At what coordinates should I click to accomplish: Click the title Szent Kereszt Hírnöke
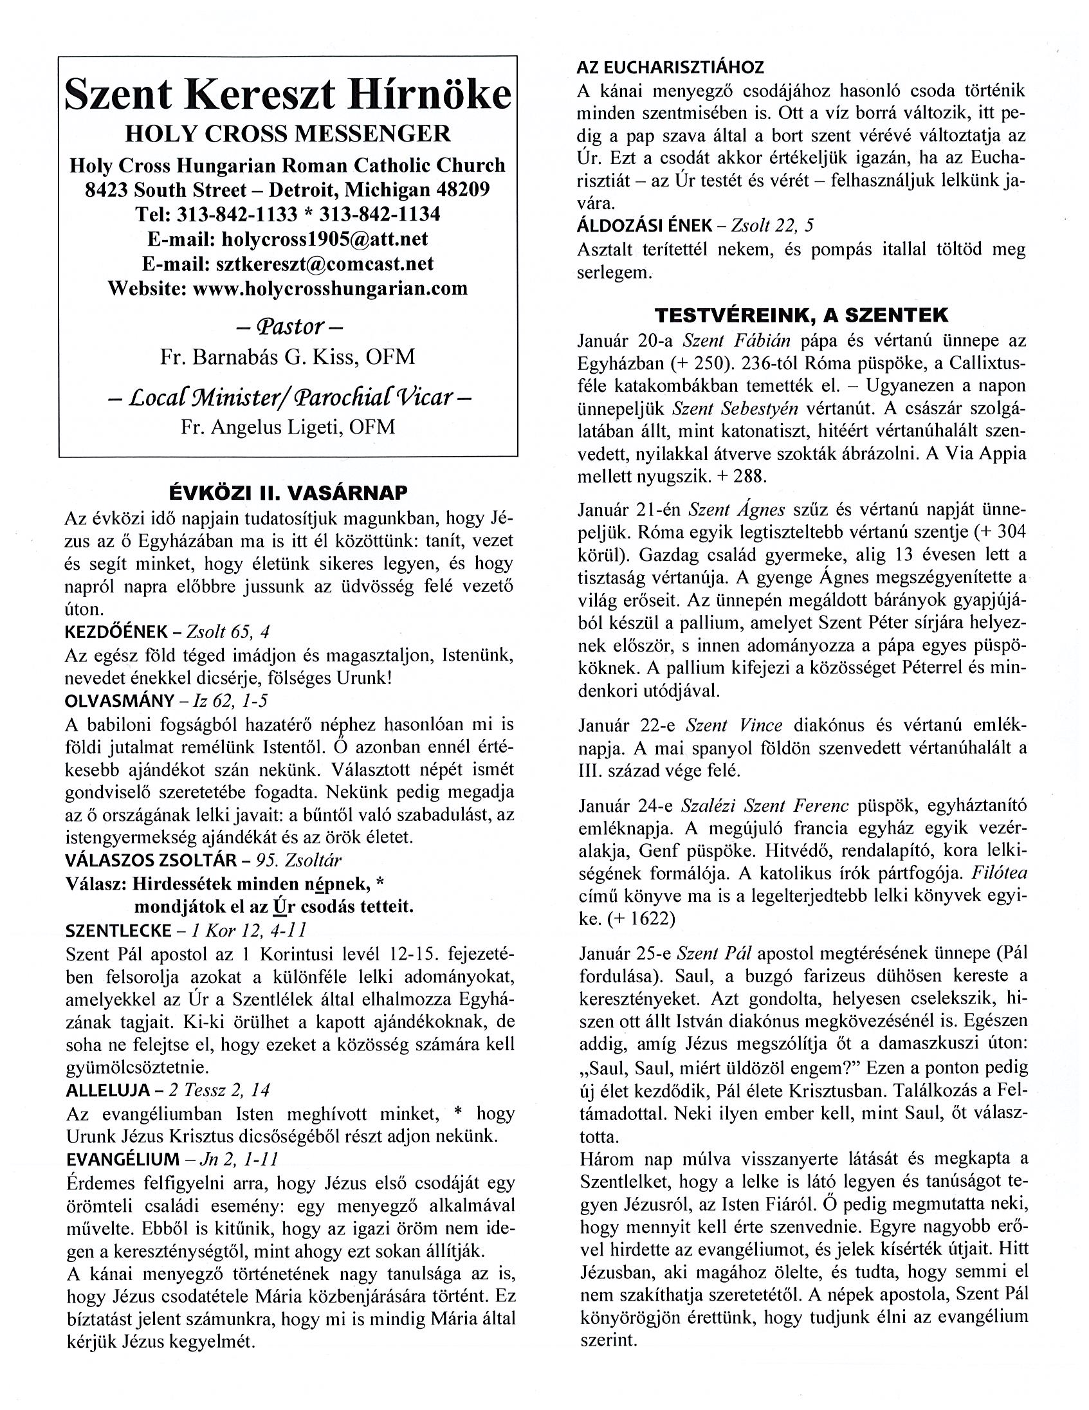[288, 96]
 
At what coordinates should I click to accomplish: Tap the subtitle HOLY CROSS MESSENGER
[288, 134]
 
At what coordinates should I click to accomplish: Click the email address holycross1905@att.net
[325, 239]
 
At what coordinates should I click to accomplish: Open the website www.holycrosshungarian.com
[330, 288]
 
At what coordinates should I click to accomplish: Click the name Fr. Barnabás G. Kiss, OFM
[288, 357]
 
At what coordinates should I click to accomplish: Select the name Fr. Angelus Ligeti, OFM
[288, 426]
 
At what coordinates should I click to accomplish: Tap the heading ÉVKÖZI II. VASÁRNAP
[288, 493]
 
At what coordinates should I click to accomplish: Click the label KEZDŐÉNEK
[108, 633]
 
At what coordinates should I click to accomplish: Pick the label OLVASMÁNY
[120, 701]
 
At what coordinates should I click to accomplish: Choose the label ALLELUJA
[104, 1090]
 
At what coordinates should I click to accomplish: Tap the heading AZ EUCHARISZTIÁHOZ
[670, 66]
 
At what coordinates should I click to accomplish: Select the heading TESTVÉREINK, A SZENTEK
[801, 316]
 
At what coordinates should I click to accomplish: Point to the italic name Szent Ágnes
[737, 509]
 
